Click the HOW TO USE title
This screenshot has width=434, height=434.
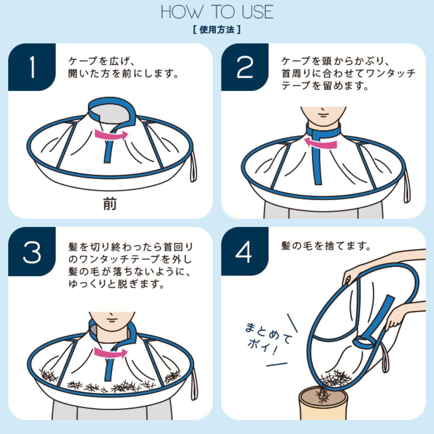coord(217,12)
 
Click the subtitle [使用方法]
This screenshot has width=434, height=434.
coord(217,30)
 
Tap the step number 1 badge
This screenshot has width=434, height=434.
coord(32,67)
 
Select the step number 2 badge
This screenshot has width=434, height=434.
coord(245,67)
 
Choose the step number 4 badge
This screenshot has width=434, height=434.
coord(245,251)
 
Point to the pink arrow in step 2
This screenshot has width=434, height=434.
coord(320,143)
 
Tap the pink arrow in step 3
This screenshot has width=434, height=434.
coord(111,353)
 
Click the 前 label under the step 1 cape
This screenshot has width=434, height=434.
coord(110,204)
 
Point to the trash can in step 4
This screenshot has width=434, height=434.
coord(323,404)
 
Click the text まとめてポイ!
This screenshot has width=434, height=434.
coord(268,338)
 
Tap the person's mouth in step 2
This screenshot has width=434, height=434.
coord(323,116)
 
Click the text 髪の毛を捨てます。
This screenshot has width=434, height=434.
coord(325,246)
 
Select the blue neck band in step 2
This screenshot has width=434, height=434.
coord(323,131)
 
